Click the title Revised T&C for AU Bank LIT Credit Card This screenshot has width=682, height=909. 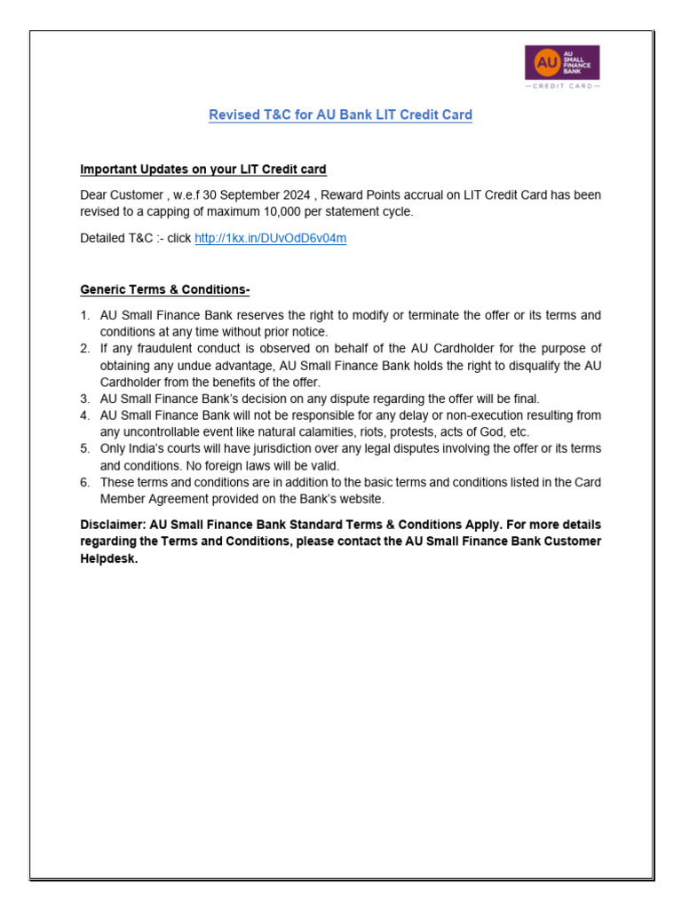pyautogui.click(x=340, y=115)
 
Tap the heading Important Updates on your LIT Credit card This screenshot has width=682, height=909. pyautogui.click(x=203, y=170)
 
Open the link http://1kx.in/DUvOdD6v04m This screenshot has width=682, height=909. pyautogui.click(x=270, y=239)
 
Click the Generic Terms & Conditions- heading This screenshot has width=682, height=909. pyautogui.click(x=165, y=289)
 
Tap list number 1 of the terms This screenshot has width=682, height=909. pyautogui.click(x=84, y=316)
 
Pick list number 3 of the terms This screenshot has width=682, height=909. pyautogui.click(x=84, y=399)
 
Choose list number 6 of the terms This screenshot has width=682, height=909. pyautogui.click(x=84, y=483)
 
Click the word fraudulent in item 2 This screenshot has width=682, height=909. pyautogui.click(x=155, y=349)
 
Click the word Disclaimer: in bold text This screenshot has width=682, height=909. pyautogui.click(x=112, y=525)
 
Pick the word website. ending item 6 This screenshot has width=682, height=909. pyautogui.click(x=361, y=499)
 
